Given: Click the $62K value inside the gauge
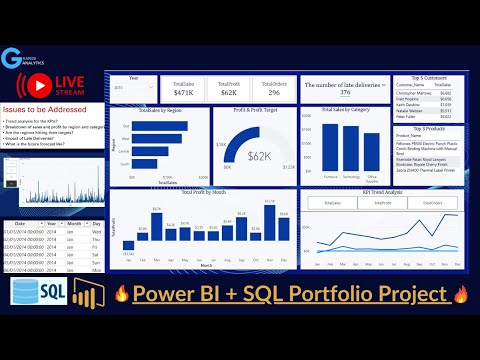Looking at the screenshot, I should pyautogui.click(x=259, y=158).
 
